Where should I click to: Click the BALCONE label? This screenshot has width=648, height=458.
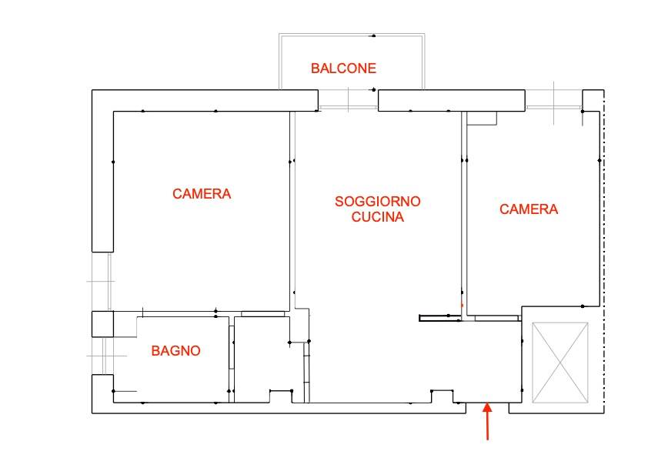pos(343,69)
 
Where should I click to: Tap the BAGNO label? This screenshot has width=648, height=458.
pos(175,351)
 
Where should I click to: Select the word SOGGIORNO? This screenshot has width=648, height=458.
pos(378,202)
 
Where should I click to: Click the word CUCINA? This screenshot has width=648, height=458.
pos(378,216)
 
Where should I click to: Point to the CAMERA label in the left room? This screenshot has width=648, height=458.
pos(202,194)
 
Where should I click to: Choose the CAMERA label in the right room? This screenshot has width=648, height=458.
pos(529,209)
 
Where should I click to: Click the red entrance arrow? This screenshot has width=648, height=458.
pos(488,421)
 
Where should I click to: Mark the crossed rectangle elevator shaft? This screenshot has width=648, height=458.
pos(560,363)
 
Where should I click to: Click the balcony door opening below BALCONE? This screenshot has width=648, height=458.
pos(348,108)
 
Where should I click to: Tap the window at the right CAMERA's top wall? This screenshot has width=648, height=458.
pos(554,107)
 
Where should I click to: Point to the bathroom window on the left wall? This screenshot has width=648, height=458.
pos(105,356)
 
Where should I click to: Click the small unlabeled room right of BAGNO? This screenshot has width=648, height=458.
pos(262,359)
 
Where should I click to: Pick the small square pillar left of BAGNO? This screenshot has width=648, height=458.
pos(102,324)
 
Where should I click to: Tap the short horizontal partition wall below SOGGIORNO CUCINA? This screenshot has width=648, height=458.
pos(440,318)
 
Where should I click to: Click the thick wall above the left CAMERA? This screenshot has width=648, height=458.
pos(205,100)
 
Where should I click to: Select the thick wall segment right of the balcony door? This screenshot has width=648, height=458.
pos(452,100)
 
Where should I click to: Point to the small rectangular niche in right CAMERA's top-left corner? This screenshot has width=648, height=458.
pos(482,118)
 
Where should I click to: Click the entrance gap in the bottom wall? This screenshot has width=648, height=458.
pos(488,408)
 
